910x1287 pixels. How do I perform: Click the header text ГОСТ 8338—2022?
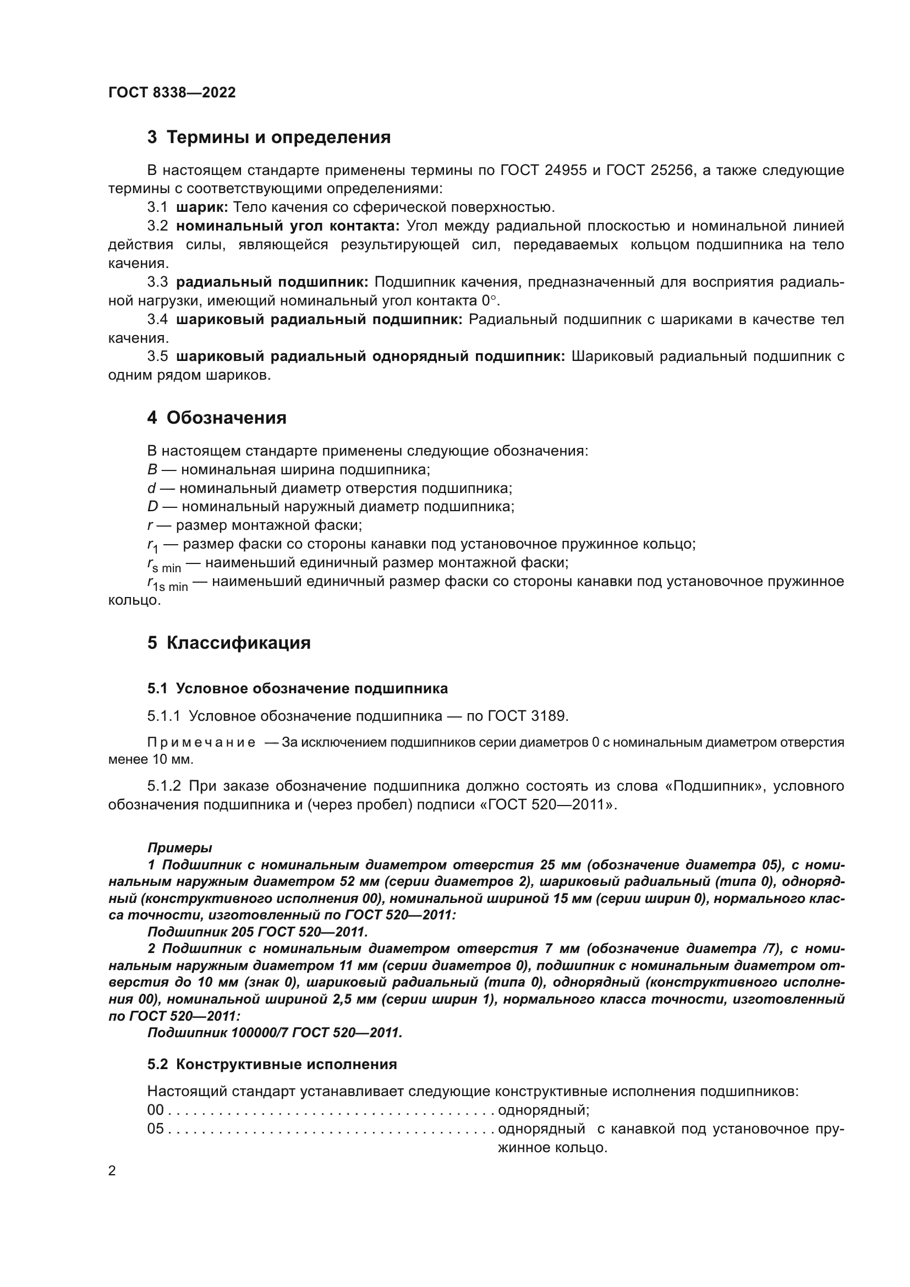[x=172, y=92]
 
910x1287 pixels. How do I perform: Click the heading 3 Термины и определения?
[x=268, y=138]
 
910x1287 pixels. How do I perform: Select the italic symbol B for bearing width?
[x=152, y=470]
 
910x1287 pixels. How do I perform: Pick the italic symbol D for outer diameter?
[x=153, y=507]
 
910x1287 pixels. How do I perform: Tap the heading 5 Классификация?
[x=229, y=643]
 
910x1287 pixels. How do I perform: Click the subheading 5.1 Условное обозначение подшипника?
[x=298, y=688]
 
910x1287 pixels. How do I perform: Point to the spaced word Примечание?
[x=201, y=743]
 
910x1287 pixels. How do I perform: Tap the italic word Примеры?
[x=179, y=848]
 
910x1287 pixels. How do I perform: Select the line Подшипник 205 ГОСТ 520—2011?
[x=257, y=932]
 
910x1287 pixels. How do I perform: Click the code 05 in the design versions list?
[x=155, y=1129]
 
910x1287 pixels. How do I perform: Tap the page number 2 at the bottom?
[x=112, y=1171]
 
